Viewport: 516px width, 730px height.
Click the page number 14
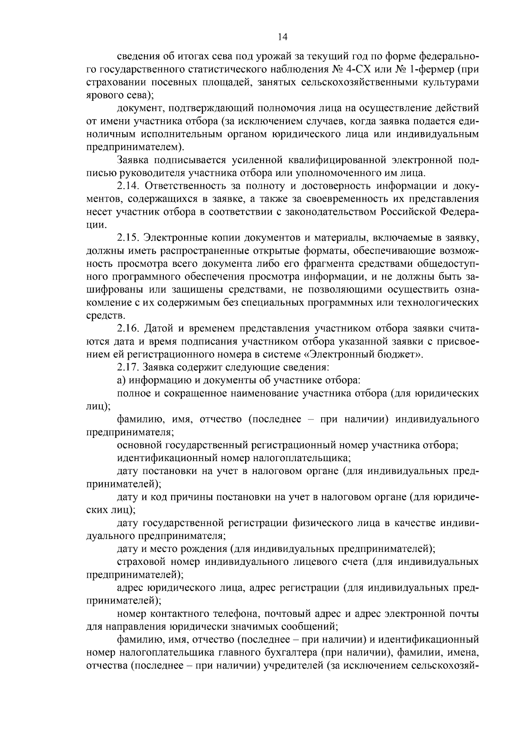click(x=283, y=37)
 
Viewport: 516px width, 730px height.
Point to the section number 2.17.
click(x=128, y=367)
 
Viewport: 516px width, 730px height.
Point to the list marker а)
click(x=121, y=380)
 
